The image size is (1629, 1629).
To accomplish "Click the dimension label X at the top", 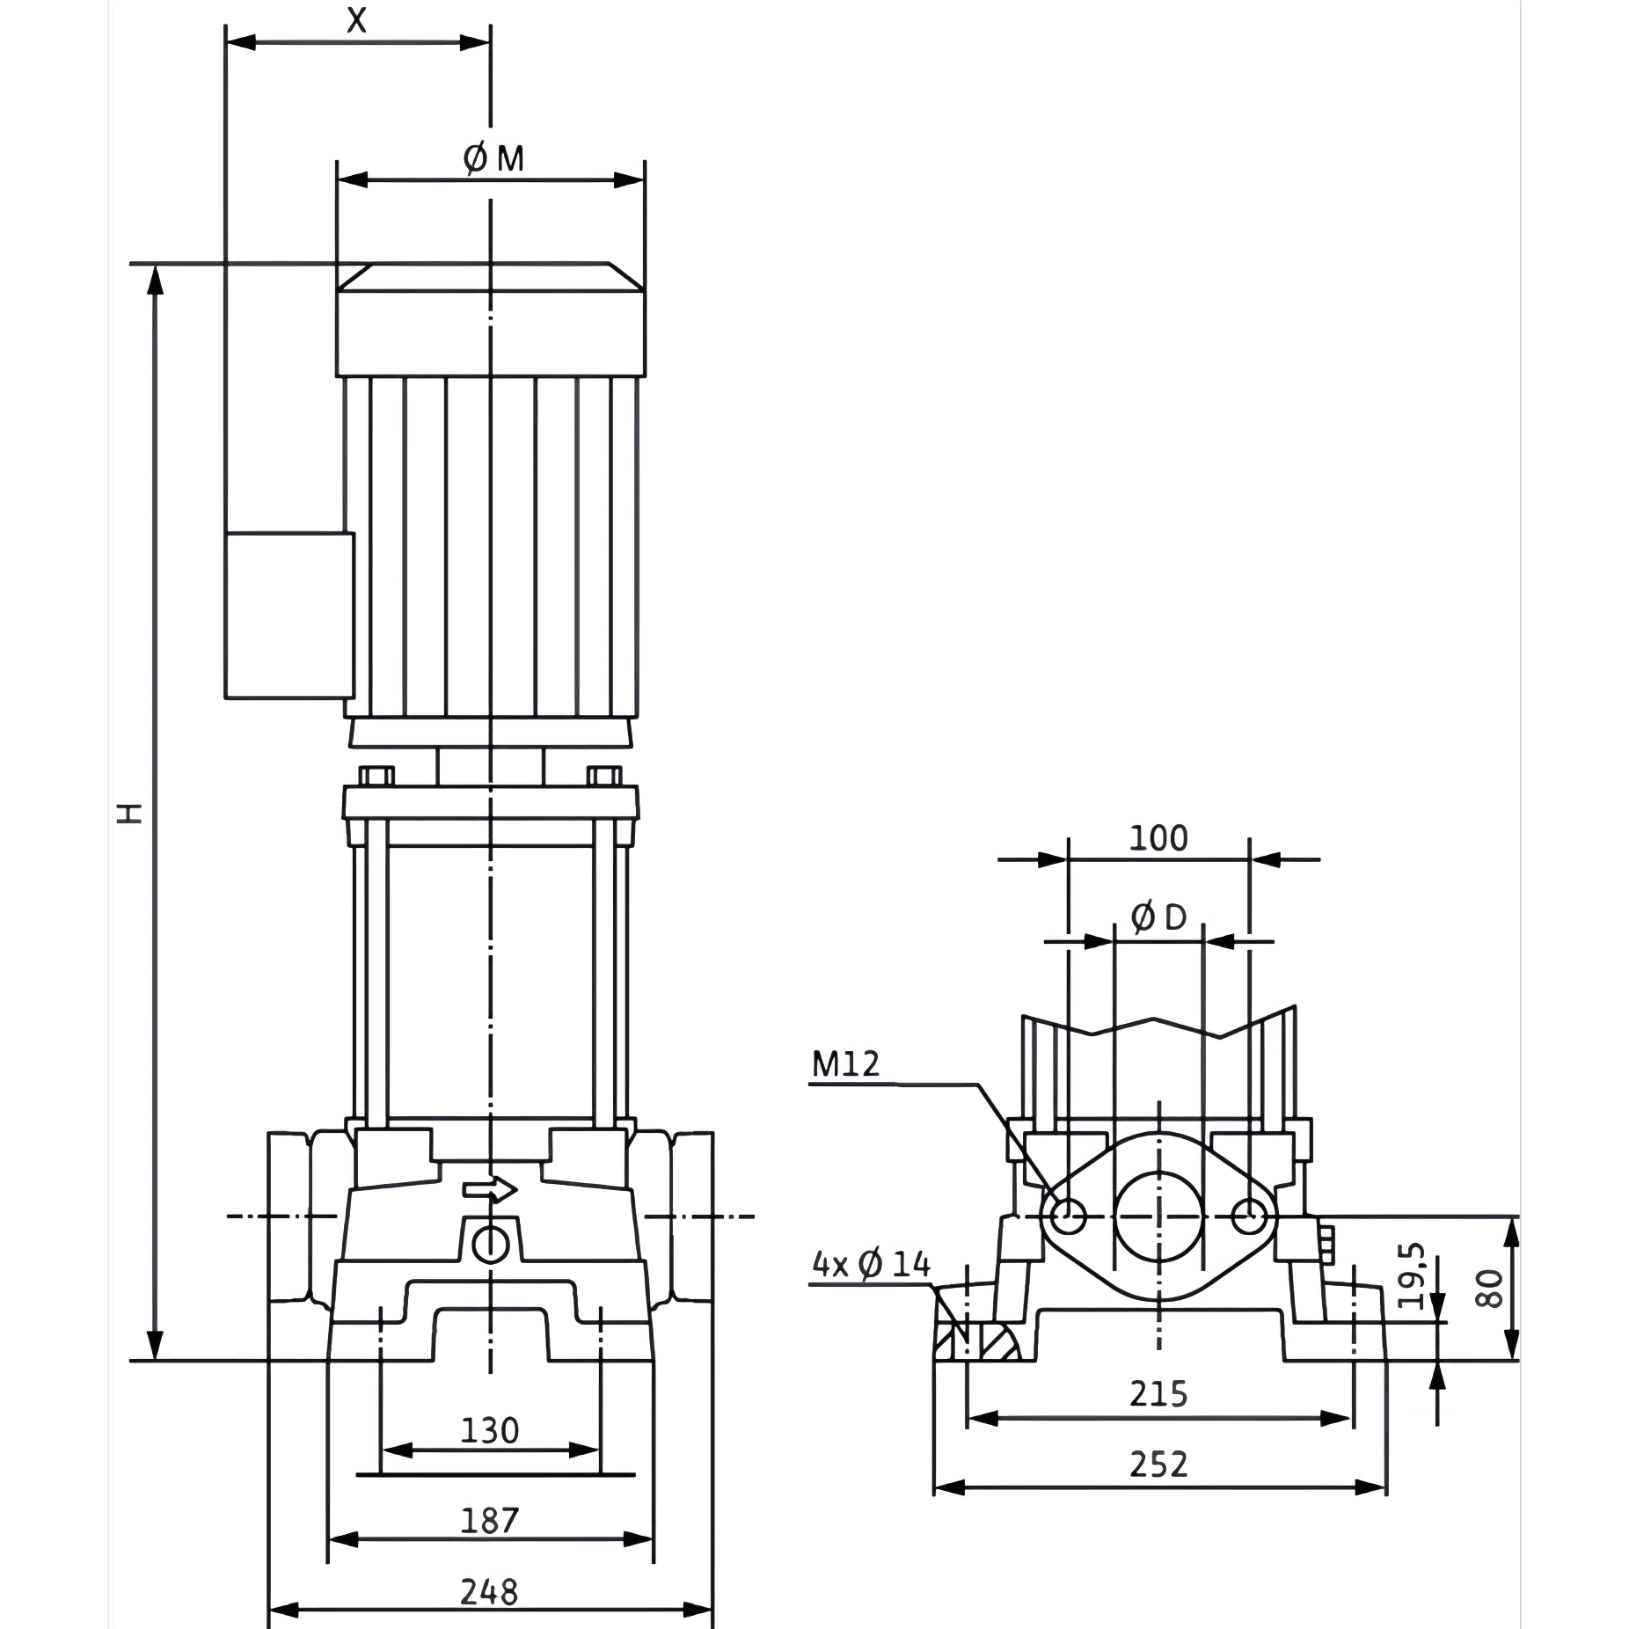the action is [x=356, y=19].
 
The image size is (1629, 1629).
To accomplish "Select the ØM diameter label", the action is [x=493, y=159].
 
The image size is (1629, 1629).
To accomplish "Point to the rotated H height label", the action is [x=130, y=812].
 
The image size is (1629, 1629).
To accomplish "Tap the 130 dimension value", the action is [x=490, y=1431].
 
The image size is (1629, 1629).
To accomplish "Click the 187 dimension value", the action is [x=490, y=1521].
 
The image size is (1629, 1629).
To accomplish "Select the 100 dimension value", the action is [x=1158, y=838].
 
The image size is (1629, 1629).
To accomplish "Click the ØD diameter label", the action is [x=1158, y=918].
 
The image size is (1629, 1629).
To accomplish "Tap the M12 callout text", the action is [x=845, y=1064].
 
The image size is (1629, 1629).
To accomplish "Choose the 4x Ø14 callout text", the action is [x=871, y=1265].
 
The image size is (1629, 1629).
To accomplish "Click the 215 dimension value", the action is [x=1158, y=1394].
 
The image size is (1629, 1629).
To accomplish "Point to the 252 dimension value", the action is [x=1158, y=1465].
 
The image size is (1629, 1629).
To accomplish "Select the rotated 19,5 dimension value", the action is [x=1410, y=1276].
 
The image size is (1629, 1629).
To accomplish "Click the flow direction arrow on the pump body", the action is [x=491, y=1190].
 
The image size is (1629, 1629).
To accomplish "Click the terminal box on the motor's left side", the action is [x=289, y=616].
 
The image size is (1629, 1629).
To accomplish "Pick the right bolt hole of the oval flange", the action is [x=1249, y=1217].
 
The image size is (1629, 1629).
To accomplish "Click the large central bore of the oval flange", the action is [x=1159, y=1216].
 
